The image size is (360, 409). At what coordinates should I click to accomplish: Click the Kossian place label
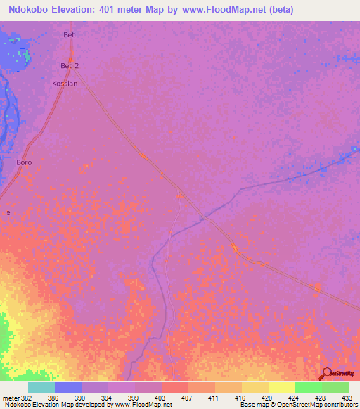65,83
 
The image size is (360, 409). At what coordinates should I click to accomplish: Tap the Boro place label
24,162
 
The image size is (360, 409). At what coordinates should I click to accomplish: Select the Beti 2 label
69,66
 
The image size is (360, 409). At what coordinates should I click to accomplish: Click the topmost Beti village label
69,34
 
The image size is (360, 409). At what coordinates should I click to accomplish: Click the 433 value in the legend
345,397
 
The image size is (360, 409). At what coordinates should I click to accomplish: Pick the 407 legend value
186,397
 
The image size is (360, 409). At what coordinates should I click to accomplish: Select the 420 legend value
266,397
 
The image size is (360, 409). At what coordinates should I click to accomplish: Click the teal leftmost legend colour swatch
41,387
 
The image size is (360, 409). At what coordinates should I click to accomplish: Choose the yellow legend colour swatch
281,387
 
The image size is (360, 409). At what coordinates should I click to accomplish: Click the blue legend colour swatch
68,387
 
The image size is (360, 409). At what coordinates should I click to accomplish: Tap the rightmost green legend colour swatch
335,387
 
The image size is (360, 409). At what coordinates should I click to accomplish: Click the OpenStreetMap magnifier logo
327,374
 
